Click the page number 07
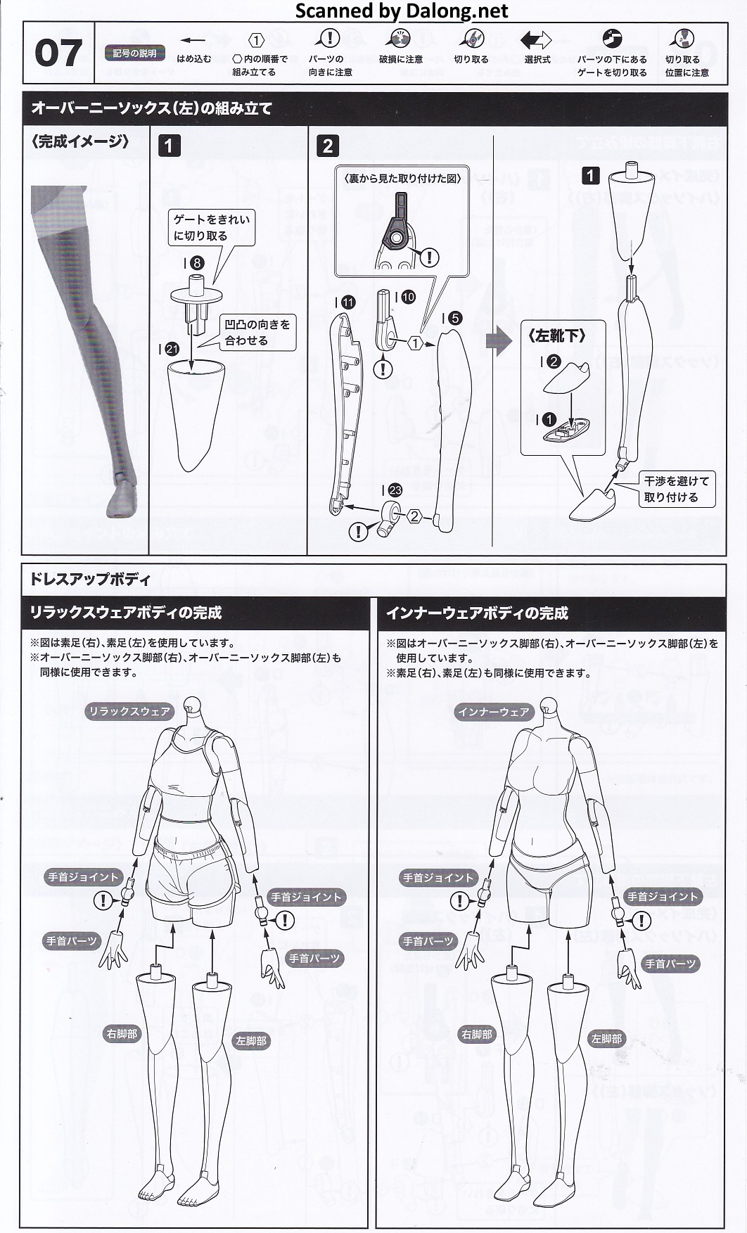58,53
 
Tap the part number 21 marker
172,349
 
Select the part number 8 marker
197,263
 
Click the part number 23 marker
395,490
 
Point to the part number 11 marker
348,302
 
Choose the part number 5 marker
455,318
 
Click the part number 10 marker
408,297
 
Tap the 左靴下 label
556,336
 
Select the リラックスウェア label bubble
129,711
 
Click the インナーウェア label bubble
494,712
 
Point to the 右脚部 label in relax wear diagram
122,1034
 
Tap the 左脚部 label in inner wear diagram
606,1039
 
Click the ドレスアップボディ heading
89,580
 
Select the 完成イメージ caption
80,142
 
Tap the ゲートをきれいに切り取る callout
211,227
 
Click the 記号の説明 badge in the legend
135,53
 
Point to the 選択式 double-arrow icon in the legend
536,40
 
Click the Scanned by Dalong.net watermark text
402,11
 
